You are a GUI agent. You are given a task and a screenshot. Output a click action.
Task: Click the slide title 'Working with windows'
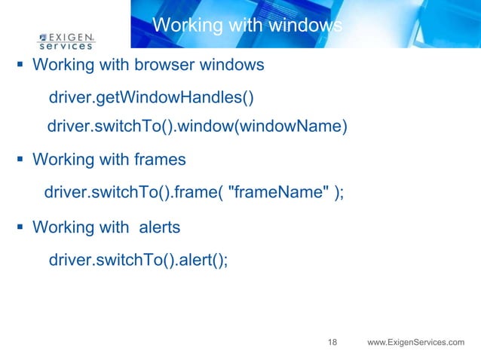click(x=247, y=26)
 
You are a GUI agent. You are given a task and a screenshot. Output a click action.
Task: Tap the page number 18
click(x=332, y=343)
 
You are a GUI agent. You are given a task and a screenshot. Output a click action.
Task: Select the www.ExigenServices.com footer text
click(x=415, y=343)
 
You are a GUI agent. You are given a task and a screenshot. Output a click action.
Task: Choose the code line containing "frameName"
click(x=194, y=191)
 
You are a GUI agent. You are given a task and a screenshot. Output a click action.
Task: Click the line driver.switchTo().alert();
click(x=138, y=260)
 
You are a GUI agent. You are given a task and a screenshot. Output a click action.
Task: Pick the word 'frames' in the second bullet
click(x=161, y=160)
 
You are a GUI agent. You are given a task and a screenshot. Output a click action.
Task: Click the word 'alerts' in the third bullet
click(x=160, y=226)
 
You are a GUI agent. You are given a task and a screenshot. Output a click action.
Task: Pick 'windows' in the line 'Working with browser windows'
click(x=231, y=65)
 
